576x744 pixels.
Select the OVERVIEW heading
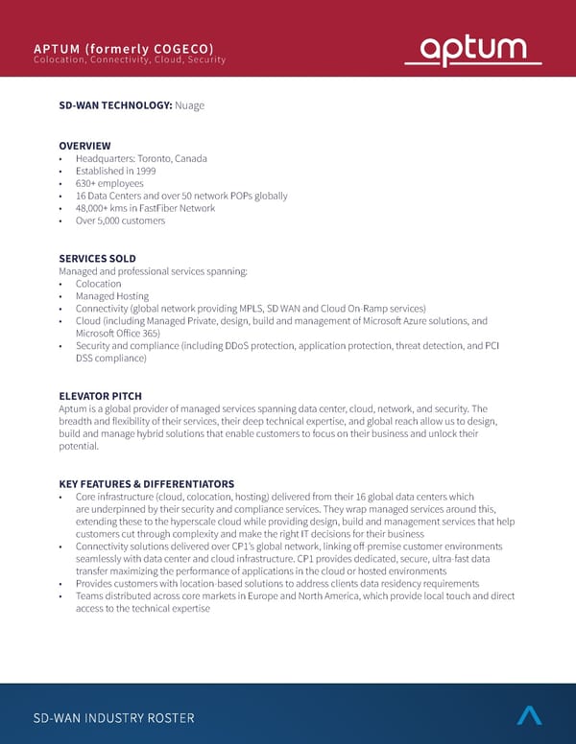click(84, 146)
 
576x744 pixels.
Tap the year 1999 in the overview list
click(132, 171)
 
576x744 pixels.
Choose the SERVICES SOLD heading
click(97, 259)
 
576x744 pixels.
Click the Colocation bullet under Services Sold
click(98, 284)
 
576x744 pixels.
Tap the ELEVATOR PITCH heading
click(100, 396)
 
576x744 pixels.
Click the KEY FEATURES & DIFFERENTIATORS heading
click(146, 483)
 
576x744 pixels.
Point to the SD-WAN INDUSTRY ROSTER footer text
click(113, 717)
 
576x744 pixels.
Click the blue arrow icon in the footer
click(529, 714)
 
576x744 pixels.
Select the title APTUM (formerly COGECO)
click(123, 49)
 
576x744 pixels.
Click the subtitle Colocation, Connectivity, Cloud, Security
click(130, 60)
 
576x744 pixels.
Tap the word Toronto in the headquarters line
click(158, 158)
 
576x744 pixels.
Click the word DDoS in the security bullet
click(236, 346)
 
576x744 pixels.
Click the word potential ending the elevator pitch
click(79, 446)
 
